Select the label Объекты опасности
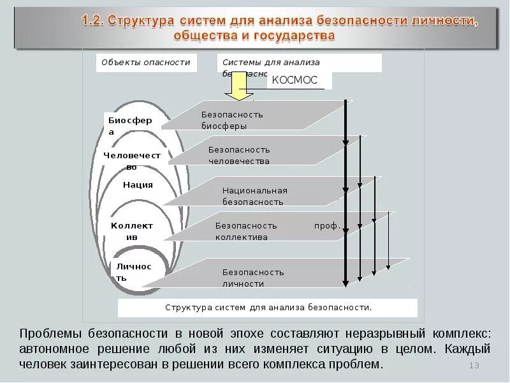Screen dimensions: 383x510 (147, 63)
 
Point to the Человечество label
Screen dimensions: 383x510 (132, 160)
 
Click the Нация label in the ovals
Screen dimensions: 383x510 (138, 185)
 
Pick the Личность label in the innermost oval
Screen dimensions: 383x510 (133, 272)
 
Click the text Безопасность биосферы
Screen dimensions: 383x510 (232, 120)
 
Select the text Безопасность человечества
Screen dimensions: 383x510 (239, 155)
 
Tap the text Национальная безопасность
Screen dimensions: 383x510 (254, 196)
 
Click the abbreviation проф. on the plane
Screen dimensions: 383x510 (327, 226)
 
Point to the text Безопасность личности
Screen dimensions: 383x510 (253, 278)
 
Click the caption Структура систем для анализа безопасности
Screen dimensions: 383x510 (268, 307)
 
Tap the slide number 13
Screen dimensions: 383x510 (474, 365)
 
